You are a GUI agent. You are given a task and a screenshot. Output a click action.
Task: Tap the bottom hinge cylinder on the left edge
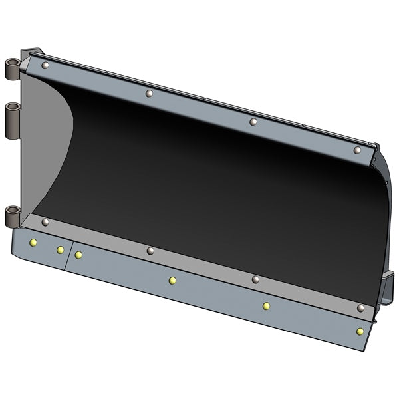[x=13, y=216]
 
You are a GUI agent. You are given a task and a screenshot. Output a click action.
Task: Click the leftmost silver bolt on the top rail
[x=45, y=65]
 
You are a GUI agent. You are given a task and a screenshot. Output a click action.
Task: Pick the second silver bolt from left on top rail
[x=149, y=93]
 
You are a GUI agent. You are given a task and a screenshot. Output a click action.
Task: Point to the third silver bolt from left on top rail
[x=253, y=122]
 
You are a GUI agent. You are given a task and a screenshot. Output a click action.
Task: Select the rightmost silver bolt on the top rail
[x=357, y=150]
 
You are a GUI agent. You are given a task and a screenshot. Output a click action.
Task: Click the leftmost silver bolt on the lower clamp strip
[x=45, y=222]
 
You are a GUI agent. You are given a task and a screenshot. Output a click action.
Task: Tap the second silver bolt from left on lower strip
[x=150, y=251]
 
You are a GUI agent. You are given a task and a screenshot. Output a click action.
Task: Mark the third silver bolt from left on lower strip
[x=255, y=279]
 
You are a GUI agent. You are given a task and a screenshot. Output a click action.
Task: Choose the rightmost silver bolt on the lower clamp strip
[x=360, y=308]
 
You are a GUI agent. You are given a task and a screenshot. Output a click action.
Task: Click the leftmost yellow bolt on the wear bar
[x=32, y=243]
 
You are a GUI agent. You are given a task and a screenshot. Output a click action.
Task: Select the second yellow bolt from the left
[x=60, y=250]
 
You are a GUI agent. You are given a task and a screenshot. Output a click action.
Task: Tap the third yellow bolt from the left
[x=78, y=255]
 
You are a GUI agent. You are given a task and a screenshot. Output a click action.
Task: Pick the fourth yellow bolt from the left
[x=172, y=280]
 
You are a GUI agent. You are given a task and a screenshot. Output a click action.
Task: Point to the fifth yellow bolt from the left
[x=266, y=306]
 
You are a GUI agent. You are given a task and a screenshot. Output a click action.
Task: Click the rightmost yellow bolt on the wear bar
[x=360, y=331]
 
